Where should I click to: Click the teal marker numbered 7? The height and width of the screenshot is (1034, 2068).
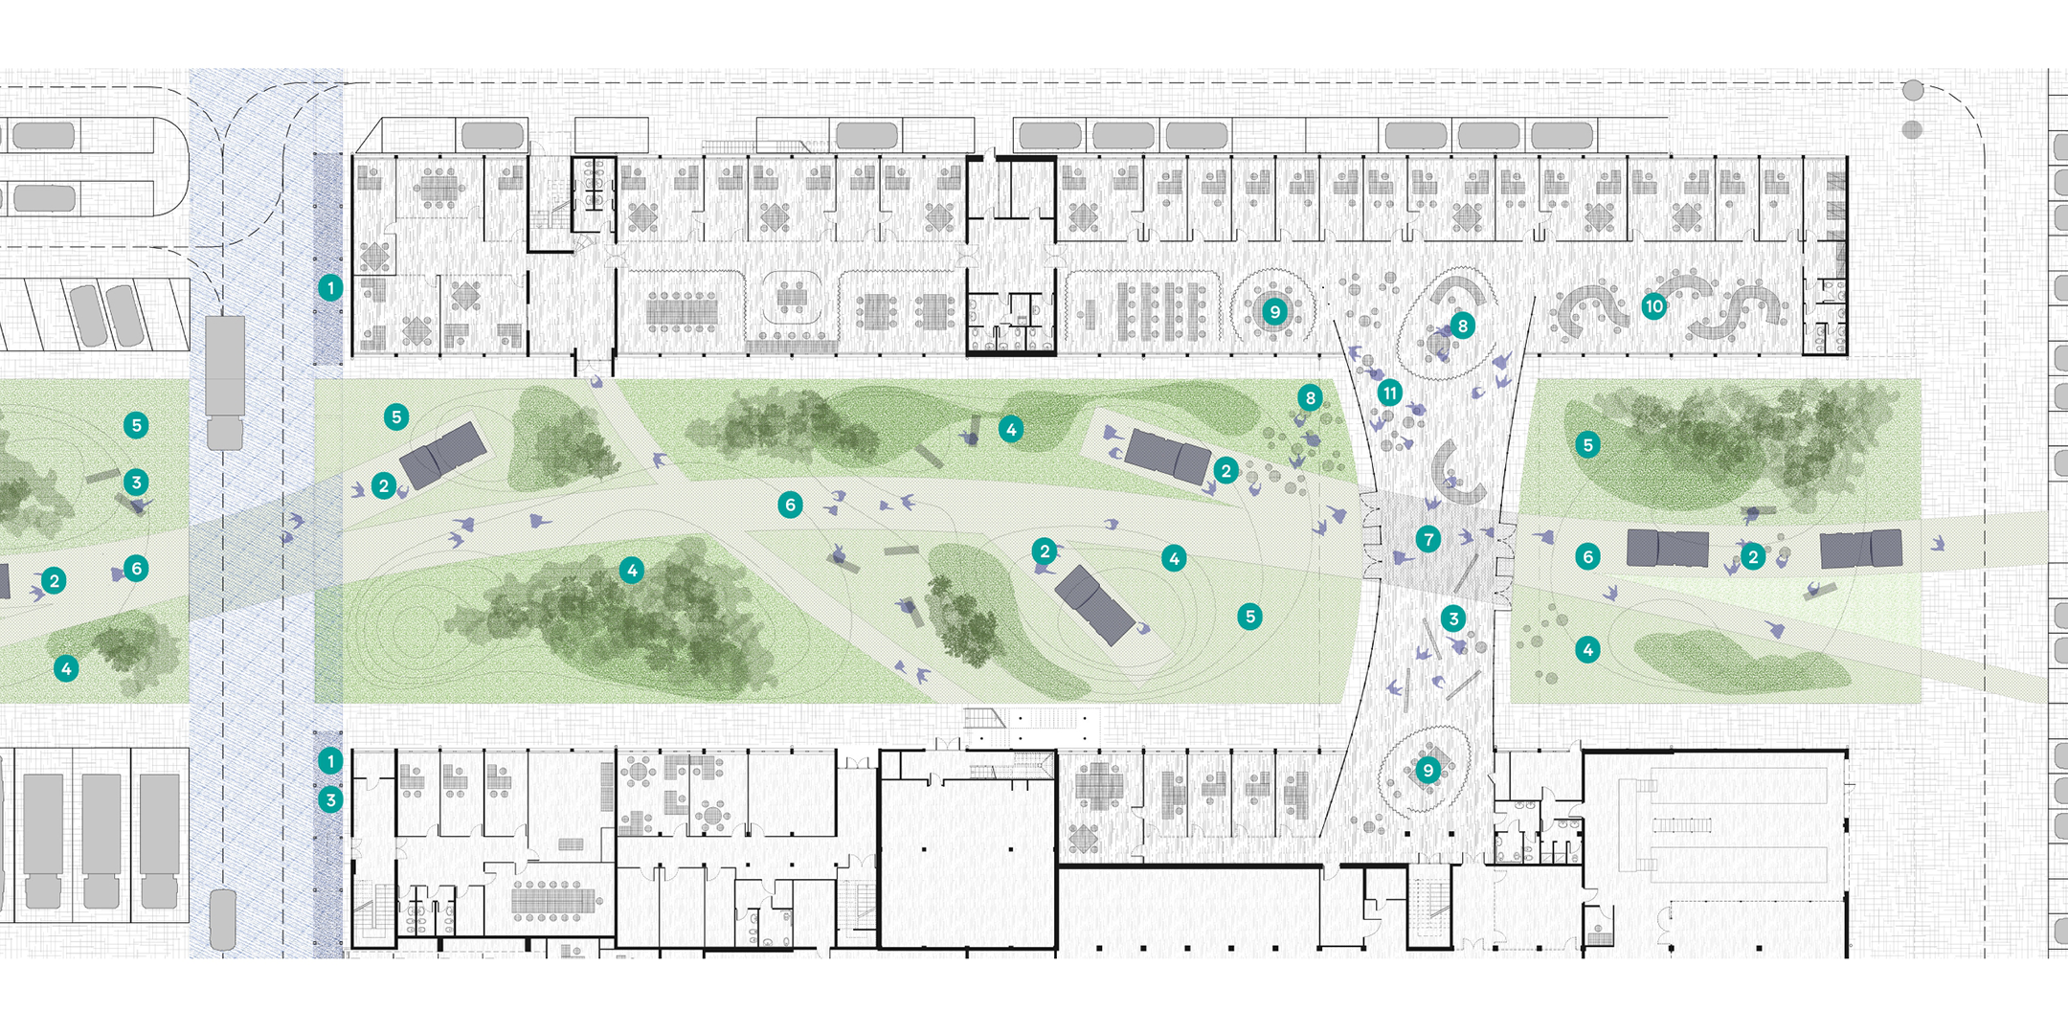coord(1428,539)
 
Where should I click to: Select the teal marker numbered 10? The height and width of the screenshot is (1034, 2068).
coord(1653,306)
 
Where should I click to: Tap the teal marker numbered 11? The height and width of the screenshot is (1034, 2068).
coord(1389,392)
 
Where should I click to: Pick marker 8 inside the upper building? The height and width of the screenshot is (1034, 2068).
coord(1462,326)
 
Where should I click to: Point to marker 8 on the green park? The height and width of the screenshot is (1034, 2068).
coord(1310,397)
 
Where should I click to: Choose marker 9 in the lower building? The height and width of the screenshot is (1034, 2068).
coord(1427,770)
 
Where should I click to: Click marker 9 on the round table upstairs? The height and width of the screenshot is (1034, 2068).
coord(1274,311)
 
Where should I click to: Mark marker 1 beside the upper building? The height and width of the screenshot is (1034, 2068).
coord(330,287)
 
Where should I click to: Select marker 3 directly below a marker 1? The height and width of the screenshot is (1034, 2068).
coord(330,799)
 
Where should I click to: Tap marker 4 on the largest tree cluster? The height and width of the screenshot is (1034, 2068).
coord(631,571)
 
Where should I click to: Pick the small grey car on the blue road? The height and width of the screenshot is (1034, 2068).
coord(223,919)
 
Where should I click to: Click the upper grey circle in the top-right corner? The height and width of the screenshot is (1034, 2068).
coord(1913,90)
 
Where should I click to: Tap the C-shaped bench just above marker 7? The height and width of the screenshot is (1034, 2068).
coord(1455,474)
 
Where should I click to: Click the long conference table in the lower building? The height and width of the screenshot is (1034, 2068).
coord(553,901)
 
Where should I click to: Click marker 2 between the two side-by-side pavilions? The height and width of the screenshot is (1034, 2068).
coord(1753,556)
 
